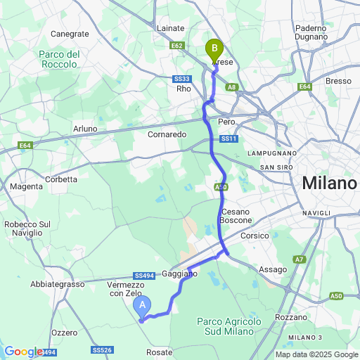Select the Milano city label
point(329,184)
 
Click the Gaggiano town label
point(180,273)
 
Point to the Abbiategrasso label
point(57,284)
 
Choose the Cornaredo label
point(167,134)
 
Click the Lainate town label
point(172,28)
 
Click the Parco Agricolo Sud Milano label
point(229,326)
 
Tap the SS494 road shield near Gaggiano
point(143,276)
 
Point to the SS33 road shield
point(183,79)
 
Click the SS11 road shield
point(229,139)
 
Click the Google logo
point(22,352)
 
